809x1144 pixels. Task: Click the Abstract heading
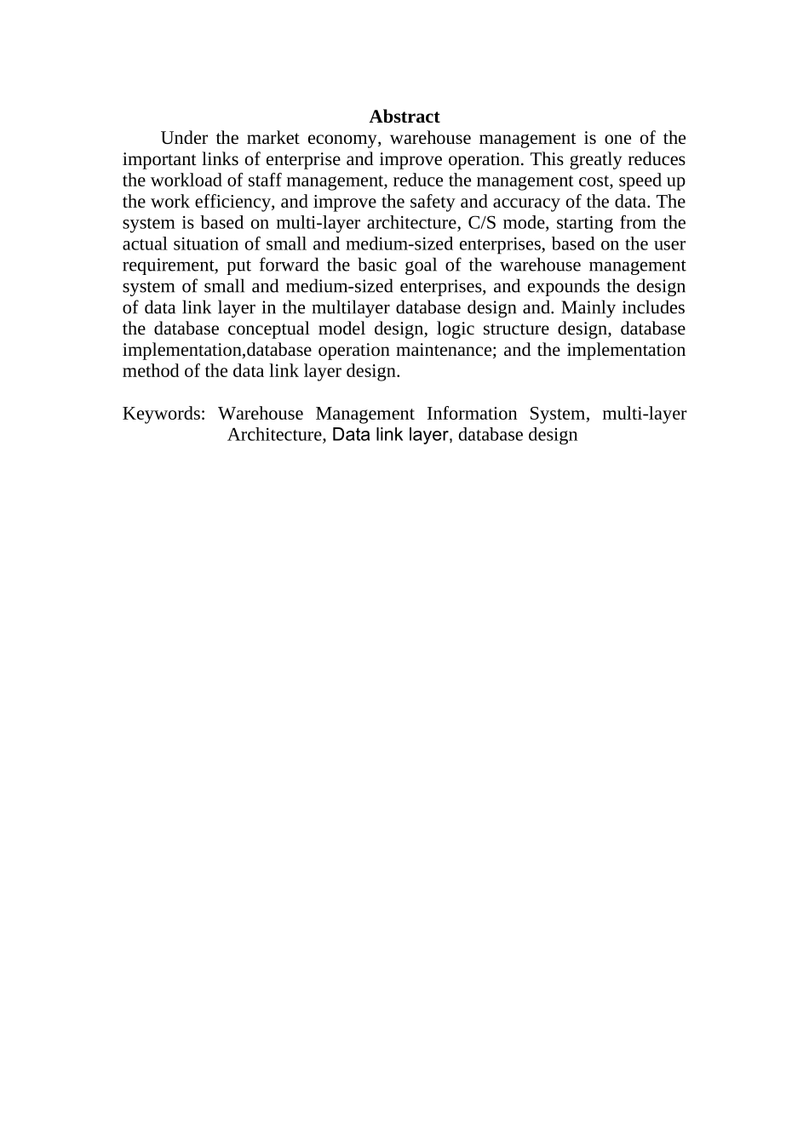[x=404, y=117]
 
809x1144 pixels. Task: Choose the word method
[x=151, y=372]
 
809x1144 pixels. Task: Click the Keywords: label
[x=164, y=415]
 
